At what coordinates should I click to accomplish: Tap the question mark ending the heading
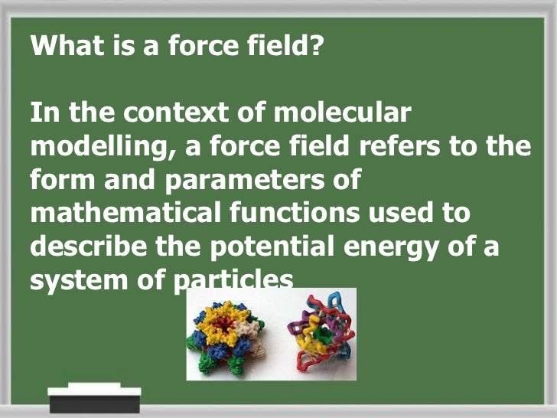(x=318, y=47)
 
